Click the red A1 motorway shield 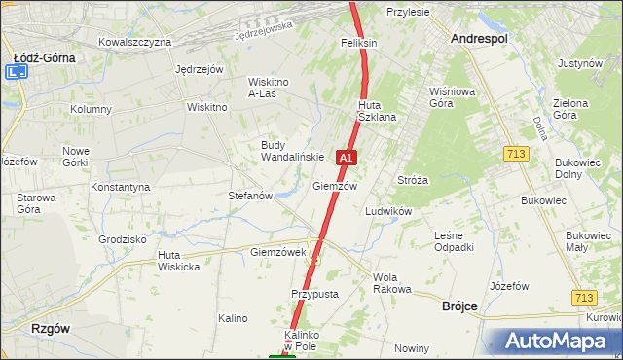click(346, 157)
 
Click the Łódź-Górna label click(45, 57)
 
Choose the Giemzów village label click(335, 186)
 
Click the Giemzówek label click(278, 252)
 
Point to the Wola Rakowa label click(392, 283)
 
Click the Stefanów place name click(249, 196)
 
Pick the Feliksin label click(358, 44)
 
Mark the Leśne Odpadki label click(454, 240)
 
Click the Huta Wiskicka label click(178, 261)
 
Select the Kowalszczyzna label click(135, 42)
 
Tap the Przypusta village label click(313, 293)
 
